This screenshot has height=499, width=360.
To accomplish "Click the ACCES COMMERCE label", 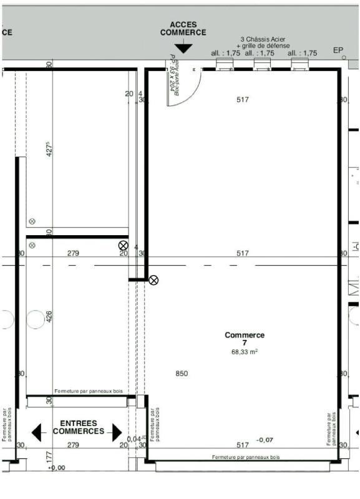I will [x=183, y=29].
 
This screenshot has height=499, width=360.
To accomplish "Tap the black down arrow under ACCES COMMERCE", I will [x=183, y=48].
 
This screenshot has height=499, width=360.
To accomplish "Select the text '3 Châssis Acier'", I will [x=263, y=38].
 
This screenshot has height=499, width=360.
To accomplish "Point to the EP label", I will [x=338, y=50].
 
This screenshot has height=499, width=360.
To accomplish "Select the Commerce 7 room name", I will [x=245, y=339].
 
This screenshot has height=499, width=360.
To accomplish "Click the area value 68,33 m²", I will [x=245, y=352].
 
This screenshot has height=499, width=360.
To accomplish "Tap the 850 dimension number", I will [x=182, y=374].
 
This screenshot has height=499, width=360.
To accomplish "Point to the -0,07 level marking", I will [x=265, y=440].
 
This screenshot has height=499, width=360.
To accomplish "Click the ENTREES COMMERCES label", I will [x=78, y=427].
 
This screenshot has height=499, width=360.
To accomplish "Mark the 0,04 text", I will [x=134, y=439].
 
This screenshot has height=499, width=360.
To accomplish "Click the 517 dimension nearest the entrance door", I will [x=243, y=100].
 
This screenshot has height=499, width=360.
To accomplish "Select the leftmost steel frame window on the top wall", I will [x=224, y=64].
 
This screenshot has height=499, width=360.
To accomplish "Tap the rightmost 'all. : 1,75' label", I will [x=303, y=53].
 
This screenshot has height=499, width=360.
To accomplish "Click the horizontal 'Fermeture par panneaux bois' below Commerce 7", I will [x=246, y=457].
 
